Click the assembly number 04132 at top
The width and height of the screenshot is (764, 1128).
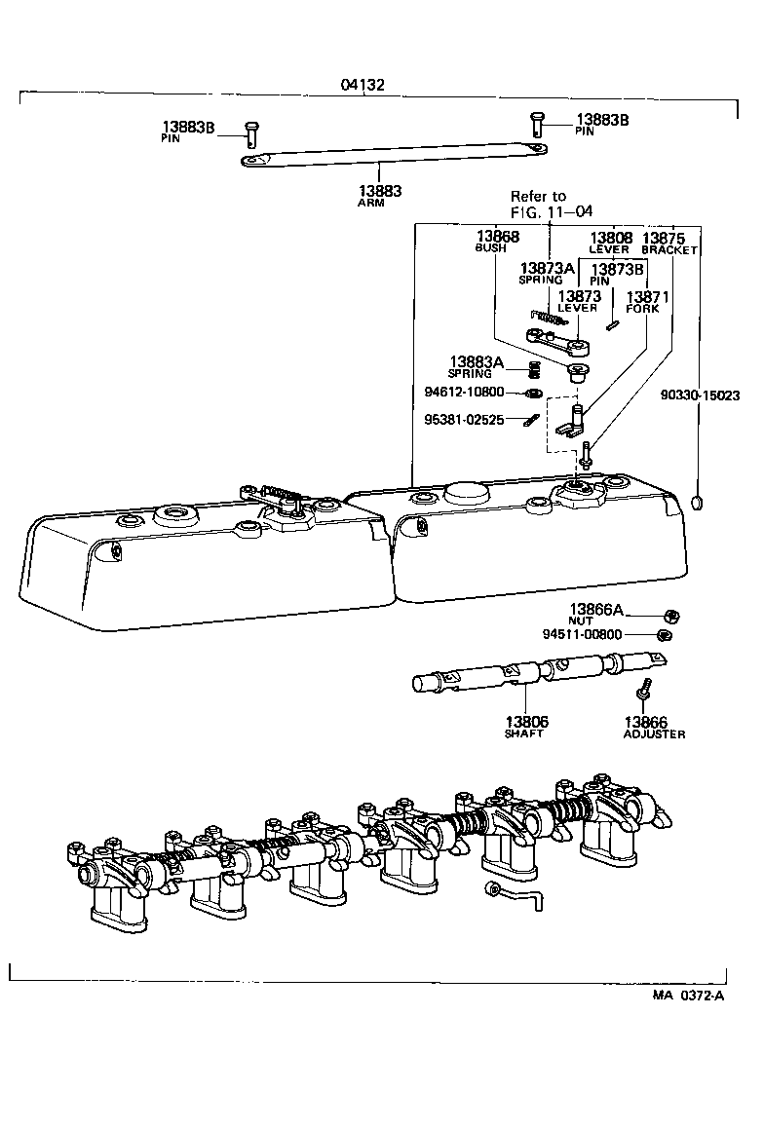pyautogui.click(x=363, y=85)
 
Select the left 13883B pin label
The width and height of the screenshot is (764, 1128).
pyautogui.click(x=188, y=127)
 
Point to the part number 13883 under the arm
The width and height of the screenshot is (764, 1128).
pyautogui.click(x=380, y=191)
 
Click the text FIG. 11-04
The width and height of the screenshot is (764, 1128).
pyautogui.click(x=551, y=211)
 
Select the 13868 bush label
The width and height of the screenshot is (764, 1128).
pyautogui.click(x=497, y=237)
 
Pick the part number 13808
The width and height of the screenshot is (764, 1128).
pyautogui.click(x=611, y=237)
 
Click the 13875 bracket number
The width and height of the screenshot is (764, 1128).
pyautogui.click(x=666, y=237)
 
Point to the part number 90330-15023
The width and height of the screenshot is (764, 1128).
pyautogui.click(x=700, y=395)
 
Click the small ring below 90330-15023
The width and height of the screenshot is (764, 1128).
pyautogui.click(x=699, y=503)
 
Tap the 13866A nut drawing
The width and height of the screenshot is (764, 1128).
pyautogui.click(x=671, y=615)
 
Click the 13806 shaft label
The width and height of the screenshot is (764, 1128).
pyautogui.click(x=526, y=722)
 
